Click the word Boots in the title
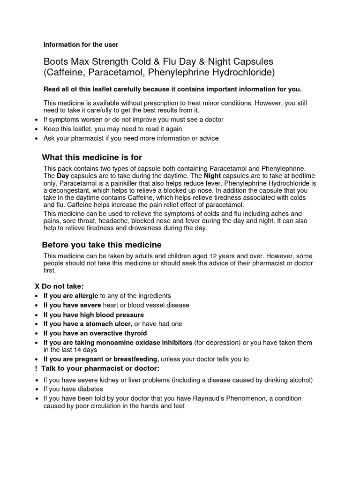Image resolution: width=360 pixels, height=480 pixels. click(x=55, y=62)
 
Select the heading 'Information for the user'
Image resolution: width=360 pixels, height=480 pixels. click(x=81, y=45)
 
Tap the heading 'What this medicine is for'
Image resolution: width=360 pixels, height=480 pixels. click(x=92, y=157)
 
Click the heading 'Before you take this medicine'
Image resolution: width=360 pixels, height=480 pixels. click(x=102, y=245)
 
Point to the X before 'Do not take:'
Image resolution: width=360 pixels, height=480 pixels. click(x=37, y=286)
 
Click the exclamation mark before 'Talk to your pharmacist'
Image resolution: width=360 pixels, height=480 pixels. click(x=36, y=368)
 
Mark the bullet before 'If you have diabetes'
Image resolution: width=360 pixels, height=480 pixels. click(x=37, y=390)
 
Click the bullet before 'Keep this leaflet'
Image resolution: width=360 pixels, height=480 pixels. click(x=37, y=129)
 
